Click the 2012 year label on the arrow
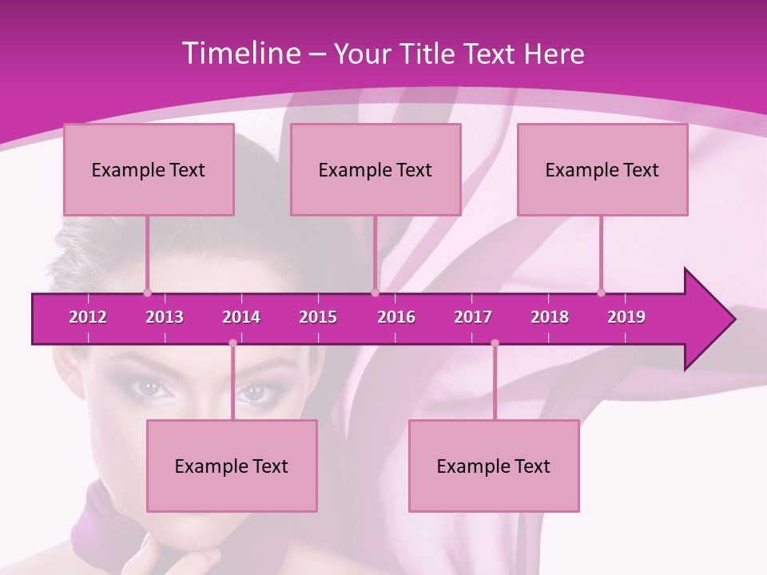click(88, 317)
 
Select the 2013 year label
click(165, 317)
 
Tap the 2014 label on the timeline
click(241, 317)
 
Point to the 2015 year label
click(318, 317)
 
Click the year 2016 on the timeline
click(396, 317)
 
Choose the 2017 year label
click(473, 317)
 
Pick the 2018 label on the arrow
click(550, 317)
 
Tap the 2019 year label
click(626, 317)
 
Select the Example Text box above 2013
click(149, 169)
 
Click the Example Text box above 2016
click(376, 169)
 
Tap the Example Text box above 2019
click(602, 169)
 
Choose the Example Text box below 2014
click(232, 466)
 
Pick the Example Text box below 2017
click(494, 466)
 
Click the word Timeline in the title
click(240, 54)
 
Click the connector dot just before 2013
click(147, 293)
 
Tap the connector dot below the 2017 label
click(495, 343)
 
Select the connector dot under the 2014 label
click(232, 343)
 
